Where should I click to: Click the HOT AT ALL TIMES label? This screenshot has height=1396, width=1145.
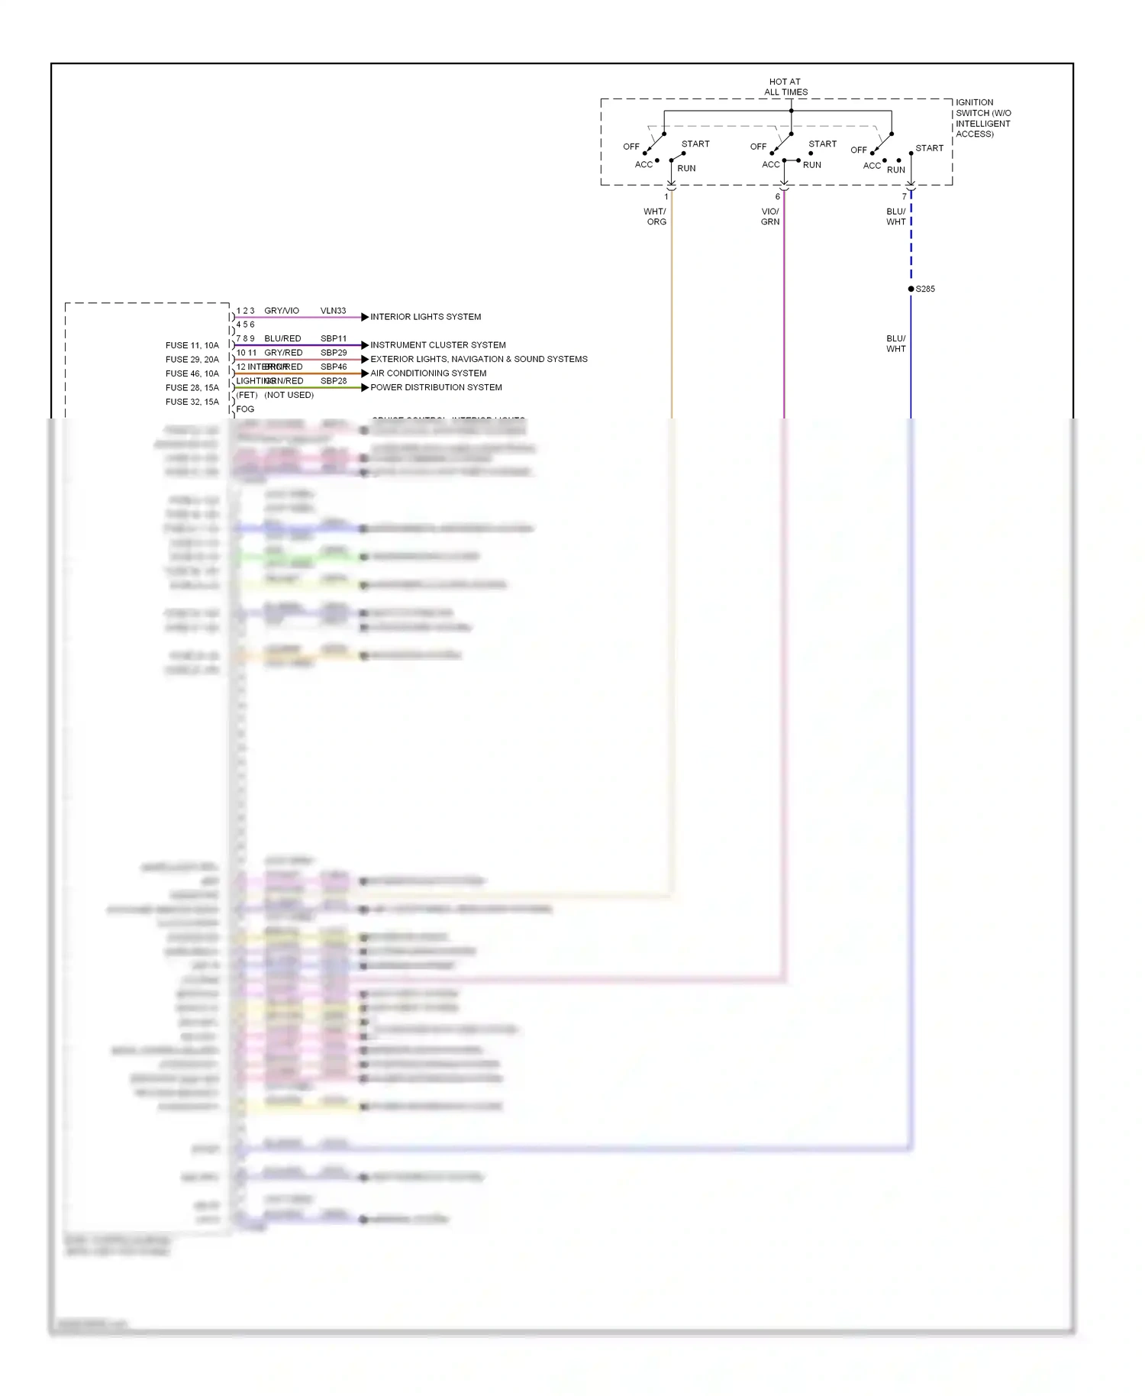pos(785,86)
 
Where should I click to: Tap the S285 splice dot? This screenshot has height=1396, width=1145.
pos(911,289)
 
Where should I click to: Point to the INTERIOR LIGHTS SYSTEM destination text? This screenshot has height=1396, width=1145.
pos(425,317)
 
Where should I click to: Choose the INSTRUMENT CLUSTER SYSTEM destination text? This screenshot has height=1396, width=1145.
pos(437,345)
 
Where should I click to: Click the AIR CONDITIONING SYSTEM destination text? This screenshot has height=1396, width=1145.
pos(428,373)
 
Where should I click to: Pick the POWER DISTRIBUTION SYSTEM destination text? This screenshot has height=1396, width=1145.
pos(436,387)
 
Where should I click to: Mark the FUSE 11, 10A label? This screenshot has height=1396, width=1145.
pos(192,345)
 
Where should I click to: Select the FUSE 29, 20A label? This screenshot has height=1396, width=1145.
pos(192,360)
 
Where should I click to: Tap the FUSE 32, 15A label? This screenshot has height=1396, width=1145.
pos(192,402)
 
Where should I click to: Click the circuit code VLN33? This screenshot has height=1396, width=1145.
pos(333,311)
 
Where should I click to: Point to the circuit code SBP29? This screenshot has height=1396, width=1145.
pos(334,353)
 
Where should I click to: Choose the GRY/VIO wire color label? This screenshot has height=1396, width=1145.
pos(282,311)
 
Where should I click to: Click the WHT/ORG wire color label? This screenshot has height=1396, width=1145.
pos(656,217)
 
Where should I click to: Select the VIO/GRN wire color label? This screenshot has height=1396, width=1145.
pos(770,217)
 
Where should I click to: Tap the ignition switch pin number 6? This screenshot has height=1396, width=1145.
pos(778,197)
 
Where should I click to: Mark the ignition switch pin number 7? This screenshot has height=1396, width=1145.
pos(905,197)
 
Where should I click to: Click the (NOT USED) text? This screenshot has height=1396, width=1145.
pos(289,395)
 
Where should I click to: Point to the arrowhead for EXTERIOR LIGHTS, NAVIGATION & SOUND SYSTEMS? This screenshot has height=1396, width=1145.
pos(365,359)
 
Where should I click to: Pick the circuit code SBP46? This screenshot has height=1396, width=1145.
pos(334,367)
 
